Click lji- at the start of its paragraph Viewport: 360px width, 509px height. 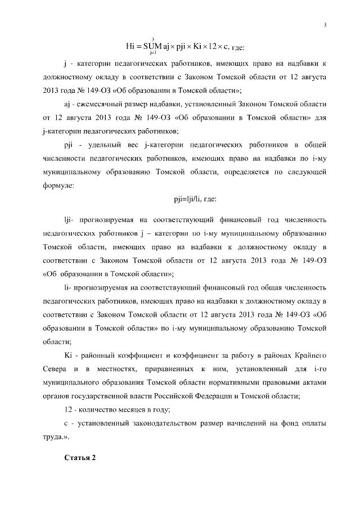click(70, 218)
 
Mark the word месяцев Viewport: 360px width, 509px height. click(128, 409)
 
